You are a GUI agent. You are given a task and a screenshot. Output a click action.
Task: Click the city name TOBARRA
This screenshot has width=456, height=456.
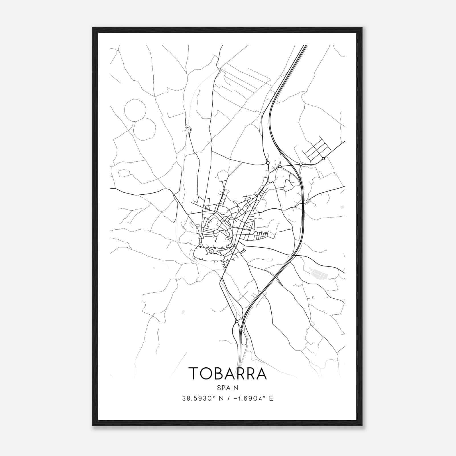227,373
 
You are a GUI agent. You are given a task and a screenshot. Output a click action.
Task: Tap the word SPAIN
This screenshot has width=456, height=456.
227,388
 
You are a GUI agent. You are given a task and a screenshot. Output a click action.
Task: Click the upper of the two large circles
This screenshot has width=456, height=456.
135,110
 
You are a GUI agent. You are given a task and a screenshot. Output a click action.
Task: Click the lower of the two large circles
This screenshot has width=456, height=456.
145,129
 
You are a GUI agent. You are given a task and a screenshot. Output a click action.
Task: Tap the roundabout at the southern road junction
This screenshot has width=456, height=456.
237,321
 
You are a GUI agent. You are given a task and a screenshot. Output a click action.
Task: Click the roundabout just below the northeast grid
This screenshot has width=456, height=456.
323,158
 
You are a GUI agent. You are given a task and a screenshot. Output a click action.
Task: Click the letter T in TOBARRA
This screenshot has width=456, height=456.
194,373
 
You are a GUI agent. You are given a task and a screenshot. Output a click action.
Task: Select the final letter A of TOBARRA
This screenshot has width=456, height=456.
261,373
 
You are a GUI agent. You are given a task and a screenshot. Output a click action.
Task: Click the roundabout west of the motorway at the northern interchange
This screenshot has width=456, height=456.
268,163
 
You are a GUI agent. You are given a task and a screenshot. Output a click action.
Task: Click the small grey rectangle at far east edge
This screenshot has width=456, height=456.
342,207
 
